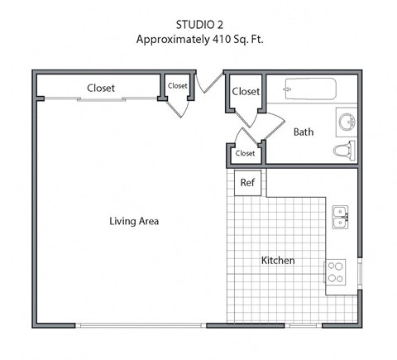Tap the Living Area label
[x=134, y=221]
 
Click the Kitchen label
[x=278, y=261]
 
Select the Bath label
[x=304, y=132]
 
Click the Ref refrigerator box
[x=246, y=183]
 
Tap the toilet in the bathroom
[x=343, y=151]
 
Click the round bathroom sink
[x=347, y=122]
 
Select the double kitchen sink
[x=340, y=217]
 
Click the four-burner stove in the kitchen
[x=335, y=272]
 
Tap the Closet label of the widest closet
[x=101, y=88]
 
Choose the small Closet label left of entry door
[x=178, y=85]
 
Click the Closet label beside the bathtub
[x=246, y=91]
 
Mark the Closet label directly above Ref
[x=246, y=153]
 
